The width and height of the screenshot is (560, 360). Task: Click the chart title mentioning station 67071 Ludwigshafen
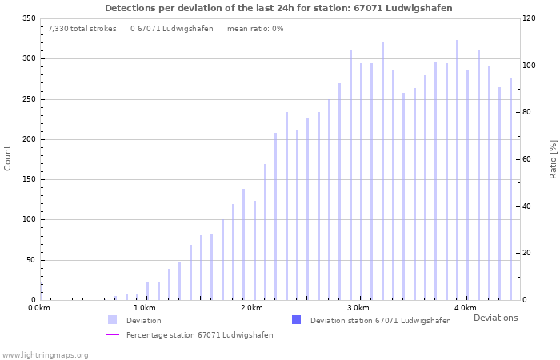click(278, 8)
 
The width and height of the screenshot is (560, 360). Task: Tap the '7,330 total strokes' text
click(82, 29)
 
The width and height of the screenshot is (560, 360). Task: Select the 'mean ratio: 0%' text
click(255, 29)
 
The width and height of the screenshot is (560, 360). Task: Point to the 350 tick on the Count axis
click(28, 18)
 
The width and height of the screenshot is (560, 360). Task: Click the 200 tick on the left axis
click(28, 139)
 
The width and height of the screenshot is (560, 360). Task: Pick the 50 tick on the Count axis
click(30, 260)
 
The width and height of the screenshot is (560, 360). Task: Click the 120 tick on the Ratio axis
click(530, 18)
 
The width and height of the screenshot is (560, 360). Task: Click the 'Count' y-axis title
click(8, 158)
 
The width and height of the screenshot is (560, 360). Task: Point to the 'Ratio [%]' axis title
click(553, 158)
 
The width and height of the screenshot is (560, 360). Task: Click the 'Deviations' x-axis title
click(495, 318)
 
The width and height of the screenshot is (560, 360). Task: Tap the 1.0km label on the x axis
click(145, 308)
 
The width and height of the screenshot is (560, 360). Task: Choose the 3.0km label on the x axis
click(358, 308)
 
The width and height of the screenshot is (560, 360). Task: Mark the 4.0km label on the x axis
click(465, 308)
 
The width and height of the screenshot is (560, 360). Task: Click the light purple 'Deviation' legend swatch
click(112, 320)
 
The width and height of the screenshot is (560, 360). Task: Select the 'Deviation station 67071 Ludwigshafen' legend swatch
click(296, 320)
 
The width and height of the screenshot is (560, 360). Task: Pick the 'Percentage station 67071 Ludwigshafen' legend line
click(112, 335)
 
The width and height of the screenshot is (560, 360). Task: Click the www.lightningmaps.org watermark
click(46, 354)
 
